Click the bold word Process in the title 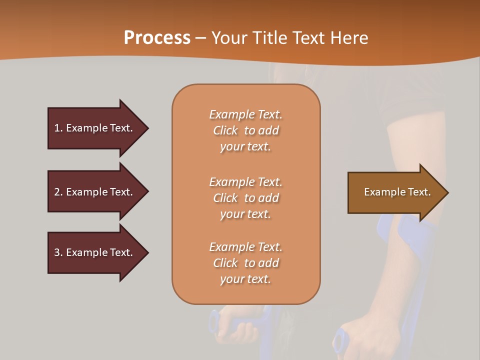click(x=157, y=38)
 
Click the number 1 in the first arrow click(x=57, y=128)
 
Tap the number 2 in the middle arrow click(x=57, y=192)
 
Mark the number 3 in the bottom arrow click(x=57, y=252)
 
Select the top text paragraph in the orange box click(x=245, y=130)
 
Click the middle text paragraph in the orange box click(x=245, y=198)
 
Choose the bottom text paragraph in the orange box click(x=245, y=263)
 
